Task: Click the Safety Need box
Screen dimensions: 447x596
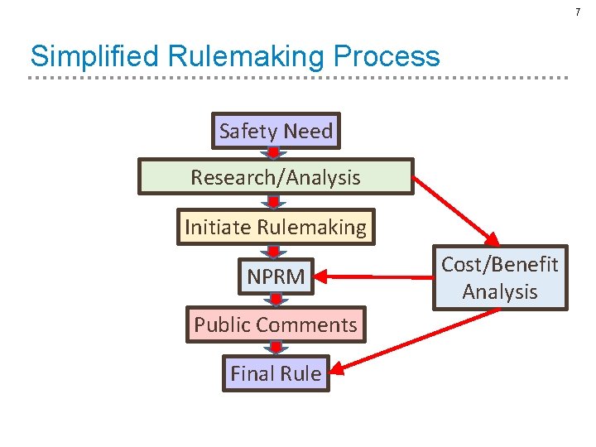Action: (x=276, y=131)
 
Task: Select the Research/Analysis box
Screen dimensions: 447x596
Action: (x=275, y=177)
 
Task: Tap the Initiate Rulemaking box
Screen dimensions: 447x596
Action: (x=276, y=227)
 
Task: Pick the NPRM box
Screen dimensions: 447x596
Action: (x=276, y=276)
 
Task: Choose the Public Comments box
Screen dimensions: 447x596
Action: (x=276, y=324)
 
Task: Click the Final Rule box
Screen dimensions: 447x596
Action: (x=276, y=373)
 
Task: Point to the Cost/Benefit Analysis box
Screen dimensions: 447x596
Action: (x=499, y=278)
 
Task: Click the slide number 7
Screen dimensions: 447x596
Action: (x=578, y=12)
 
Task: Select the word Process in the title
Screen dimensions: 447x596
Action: (x=387, y=56)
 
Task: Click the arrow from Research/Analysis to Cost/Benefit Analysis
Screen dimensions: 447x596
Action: (x=455, y=211)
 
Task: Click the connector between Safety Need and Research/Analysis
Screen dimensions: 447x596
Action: (x=274, y=153)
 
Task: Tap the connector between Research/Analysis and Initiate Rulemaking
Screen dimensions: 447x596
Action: (x=274, y=201)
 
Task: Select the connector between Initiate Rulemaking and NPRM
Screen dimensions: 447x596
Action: (x=274, y=251)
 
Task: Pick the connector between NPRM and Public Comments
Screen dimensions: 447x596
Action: (x=274, y=300)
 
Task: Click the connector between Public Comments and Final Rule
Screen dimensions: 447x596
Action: (x=274, y=349)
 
